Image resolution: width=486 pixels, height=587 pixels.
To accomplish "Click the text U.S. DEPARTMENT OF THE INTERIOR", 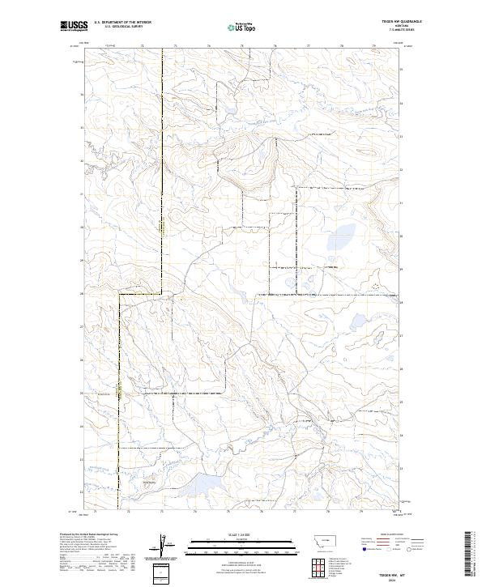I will (122, 23).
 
